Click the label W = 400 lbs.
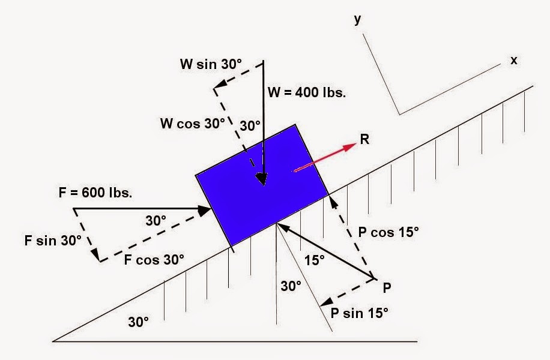tap(307, 93)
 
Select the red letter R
tap(364, 140)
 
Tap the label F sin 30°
tap(53, 241)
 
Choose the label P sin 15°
tap(359, 313)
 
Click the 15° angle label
tap(313, 260)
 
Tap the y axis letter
tap(358, 19)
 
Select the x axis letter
tap(513, 60)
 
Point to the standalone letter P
tap(388, 288)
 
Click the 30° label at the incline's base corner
tap(138, 322)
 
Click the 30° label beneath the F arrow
tap(156, 221)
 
